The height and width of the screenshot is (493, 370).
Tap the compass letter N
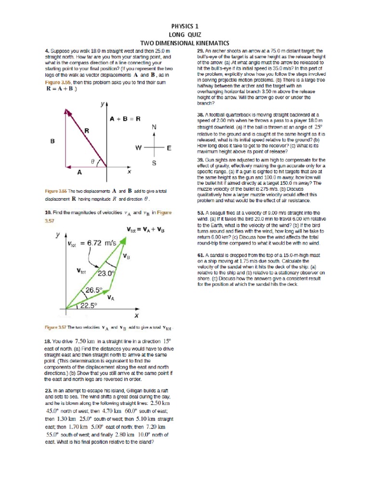pos(154,127)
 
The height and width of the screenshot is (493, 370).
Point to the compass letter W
pos(138,148)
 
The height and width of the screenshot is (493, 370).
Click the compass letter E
pos(169,148)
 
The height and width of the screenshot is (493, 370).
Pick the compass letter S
pos(154,163)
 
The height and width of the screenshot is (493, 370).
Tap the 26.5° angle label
pos(94,290)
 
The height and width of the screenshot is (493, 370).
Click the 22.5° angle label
pos(89,305)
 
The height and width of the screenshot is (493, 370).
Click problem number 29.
pos(200,51)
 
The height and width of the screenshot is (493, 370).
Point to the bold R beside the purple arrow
pos(87,130)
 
